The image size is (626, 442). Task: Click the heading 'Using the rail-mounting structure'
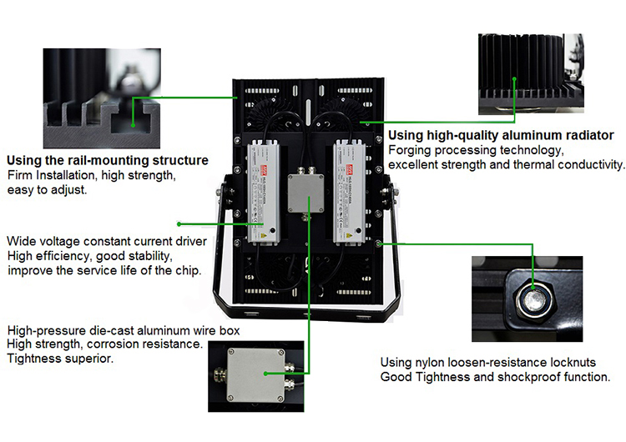pyautogui.click(x=108, y=159)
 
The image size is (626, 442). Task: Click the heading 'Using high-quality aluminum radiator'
pyautogui.click(x=502, y=135)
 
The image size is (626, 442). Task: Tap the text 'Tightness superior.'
pyautogui.click(x=60, y=359)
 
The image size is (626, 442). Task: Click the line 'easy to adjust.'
pyautogui.click(x=47, y=190)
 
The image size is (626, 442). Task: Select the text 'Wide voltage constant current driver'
pyautogui.click(x=107, y=241)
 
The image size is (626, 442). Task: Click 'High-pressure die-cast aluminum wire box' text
pyautogui.click(x=124, y=330)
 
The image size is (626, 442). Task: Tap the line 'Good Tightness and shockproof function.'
pyautogui.click(x=495, y=377)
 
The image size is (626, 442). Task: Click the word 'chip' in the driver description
pyautogui.click(x=186, y=270)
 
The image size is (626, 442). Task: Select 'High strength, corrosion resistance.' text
pyautogui.click(x=104, y=344)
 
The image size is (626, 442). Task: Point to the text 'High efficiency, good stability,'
pyautogui.click(x=90, y=256)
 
